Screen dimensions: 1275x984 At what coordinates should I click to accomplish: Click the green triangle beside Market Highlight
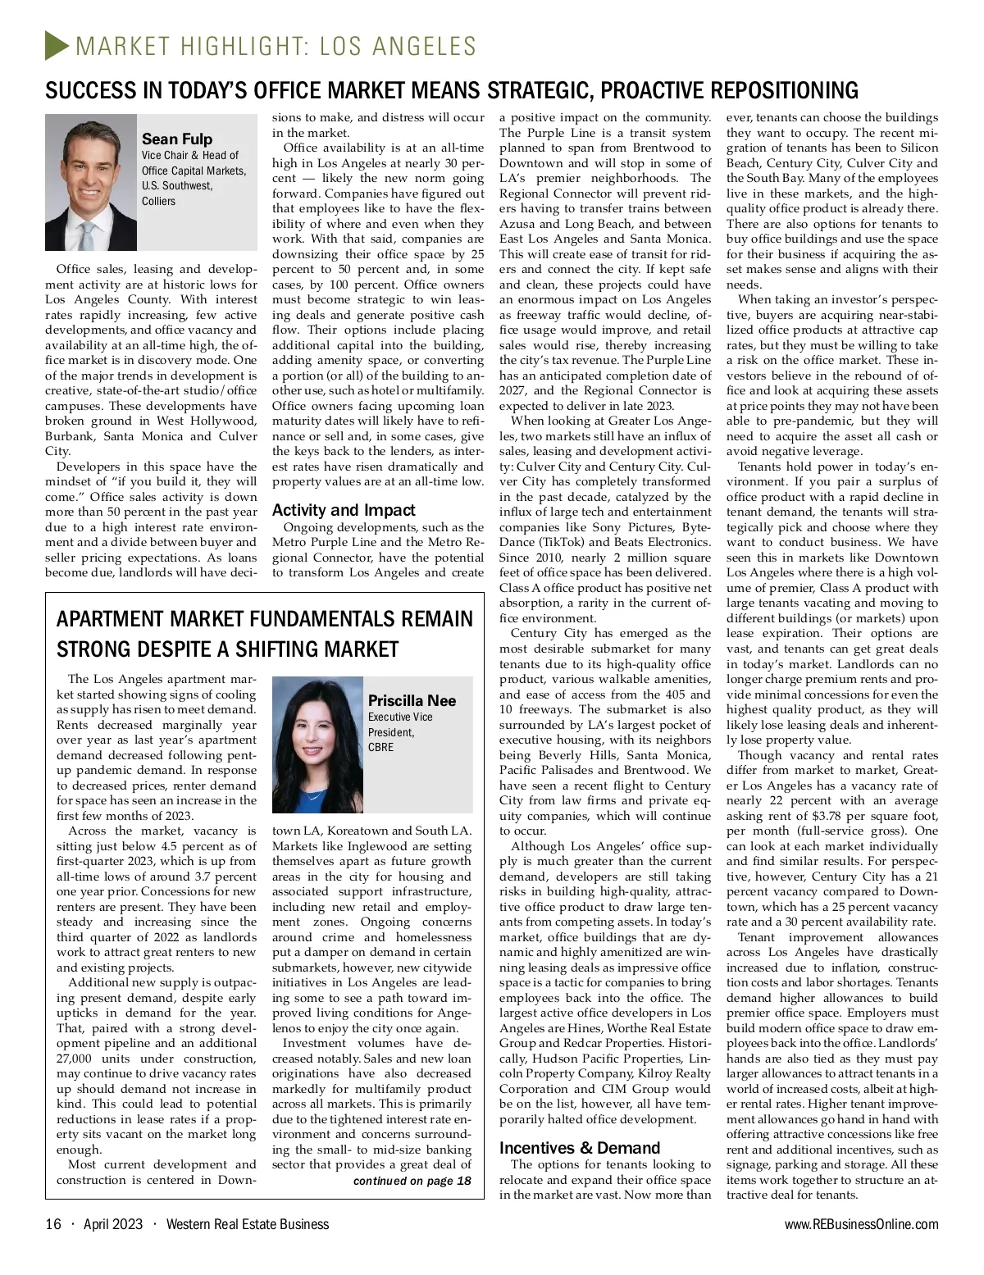point(56,45)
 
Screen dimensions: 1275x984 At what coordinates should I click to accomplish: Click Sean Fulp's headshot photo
point(90,182)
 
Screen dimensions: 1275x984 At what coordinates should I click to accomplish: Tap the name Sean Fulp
point(176,139)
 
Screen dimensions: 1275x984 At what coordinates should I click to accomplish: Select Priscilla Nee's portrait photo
point(317,745)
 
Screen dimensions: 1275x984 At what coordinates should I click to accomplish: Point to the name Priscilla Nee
point(412,700)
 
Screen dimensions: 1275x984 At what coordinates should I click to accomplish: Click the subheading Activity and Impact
point(344,510)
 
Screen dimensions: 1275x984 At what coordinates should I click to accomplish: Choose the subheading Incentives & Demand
point(580,1148)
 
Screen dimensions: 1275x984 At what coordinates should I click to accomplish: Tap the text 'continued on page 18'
point(412,1181)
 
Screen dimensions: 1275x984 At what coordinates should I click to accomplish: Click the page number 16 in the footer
point(53,1224)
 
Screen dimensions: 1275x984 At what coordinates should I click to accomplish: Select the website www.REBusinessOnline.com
point(861,1224)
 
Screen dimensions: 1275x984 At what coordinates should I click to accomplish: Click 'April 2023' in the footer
point(113,1224)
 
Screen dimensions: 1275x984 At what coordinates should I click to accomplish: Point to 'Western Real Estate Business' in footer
point(247,1224)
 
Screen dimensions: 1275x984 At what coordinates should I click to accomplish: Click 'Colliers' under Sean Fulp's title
point(158,201)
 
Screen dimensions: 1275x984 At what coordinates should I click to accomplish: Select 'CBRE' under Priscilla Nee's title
point(380,747)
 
